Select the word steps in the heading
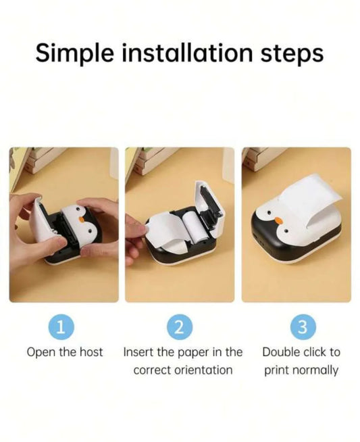coord(292,54)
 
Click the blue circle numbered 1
coord(61,327)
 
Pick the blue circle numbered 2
coord(180,327)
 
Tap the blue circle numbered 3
coord(303,327)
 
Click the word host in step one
coord(91,352)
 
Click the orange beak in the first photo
coord(82,219)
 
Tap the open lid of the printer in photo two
coord(210,207)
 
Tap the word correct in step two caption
coord(153,370)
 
